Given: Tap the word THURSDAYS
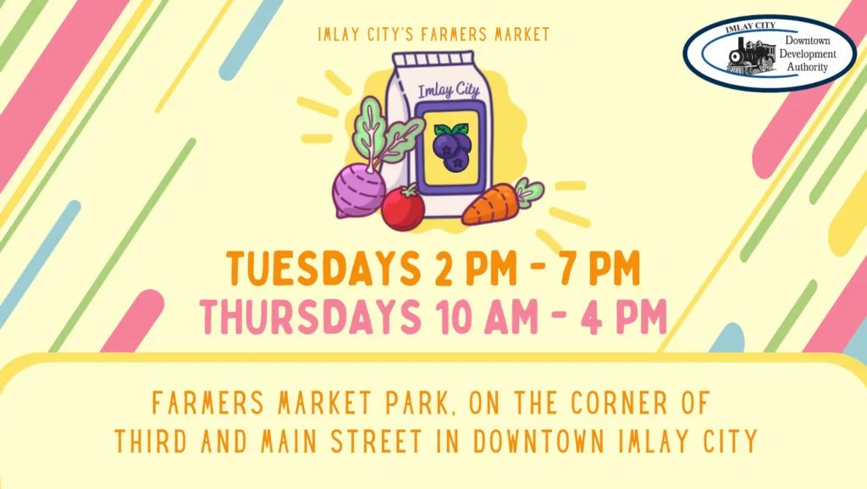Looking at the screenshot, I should [x=304, y=316].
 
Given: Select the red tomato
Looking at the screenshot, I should [x=402, y=208].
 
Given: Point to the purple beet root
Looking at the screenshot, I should [x=358, y=190].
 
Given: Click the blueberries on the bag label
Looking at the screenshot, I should [x=451, y=145].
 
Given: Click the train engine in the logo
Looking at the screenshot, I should [x=750, y=55].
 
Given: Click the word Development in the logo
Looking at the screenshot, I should [x=809, y=53].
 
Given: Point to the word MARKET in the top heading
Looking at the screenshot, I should [x=516, y=35].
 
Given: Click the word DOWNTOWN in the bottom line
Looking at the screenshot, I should [x=553, y=441].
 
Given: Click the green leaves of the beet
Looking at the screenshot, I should [x=382, y=131].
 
